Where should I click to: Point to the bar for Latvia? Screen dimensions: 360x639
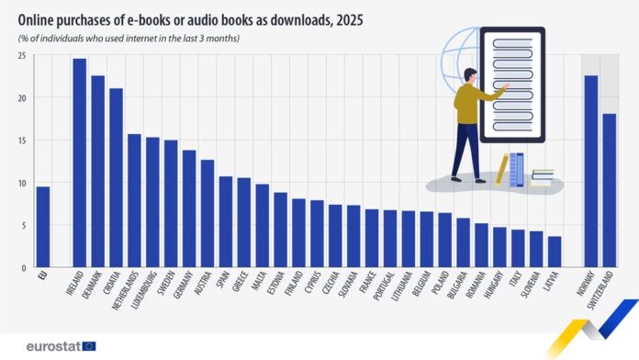(555, 252)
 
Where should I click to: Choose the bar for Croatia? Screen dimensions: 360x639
(116, 178)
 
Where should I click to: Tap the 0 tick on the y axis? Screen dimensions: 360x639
(22, 267)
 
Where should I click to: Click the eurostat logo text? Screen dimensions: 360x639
(45, 346)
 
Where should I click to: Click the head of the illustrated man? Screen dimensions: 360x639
(470, 75)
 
